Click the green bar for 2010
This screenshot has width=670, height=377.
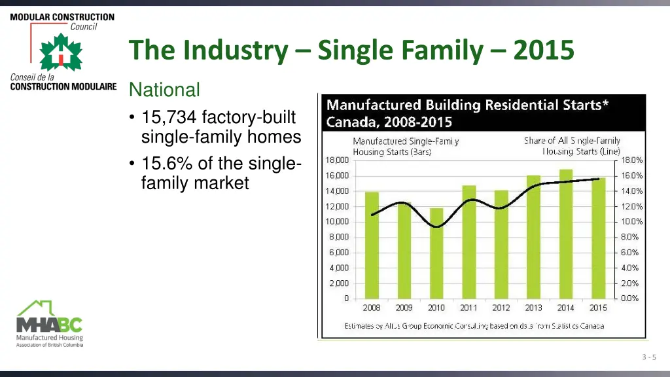436,253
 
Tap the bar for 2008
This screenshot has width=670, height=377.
372,245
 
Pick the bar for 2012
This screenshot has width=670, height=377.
501,244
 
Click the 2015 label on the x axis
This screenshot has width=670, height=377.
598,308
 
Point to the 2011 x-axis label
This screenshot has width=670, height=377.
468,308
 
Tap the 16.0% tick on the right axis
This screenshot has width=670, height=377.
632,175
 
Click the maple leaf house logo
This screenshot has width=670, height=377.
60,52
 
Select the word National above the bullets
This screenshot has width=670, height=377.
164,89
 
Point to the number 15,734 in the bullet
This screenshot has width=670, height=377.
169,118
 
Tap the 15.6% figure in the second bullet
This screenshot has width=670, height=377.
167,164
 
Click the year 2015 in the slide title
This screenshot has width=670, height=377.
544,50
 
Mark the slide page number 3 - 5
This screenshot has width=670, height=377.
648,357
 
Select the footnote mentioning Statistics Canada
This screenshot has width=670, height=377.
474,326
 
